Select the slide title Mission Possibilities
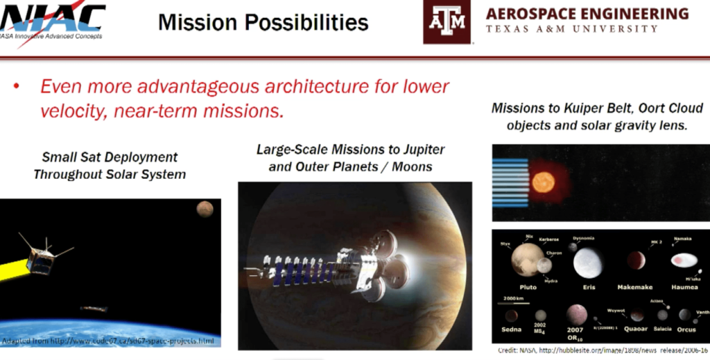(263, 22)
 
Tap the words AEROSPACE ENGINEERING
(587, 13)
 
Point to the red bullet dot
(16, 87)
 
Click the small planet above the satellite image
(204, 208)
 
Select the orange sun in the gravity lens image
(543, 182)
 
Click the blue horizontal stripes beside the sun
(510, 182)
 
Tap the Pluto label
(528, 286)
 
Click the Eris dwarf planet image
(588, 262)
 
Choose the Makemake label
(635, 286)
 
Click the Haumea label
(684, 286)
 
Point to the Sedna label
(511, 329)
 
